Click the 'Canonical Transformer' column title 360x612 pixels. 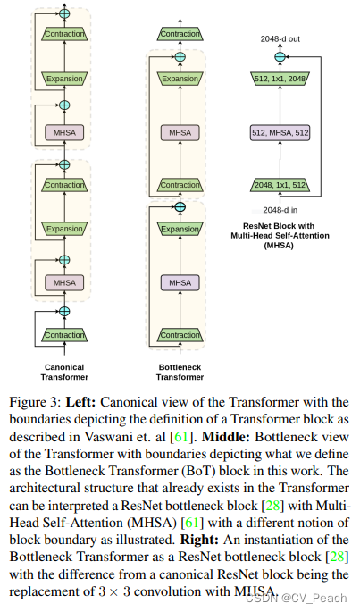64,372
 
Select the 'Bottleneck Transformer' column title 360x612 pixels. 180,372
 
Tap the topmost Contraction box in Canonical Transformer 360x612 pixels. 64,34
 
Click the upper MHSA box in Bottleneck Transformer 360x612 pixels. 180,133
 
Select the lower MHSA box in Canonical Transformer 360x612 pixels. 64,282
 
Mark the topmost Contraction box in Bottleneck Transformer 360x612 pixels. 180,34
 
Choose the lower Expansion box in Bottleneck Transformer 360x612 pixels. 180,230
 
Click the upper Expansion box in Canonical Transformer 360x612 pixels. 64,80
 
